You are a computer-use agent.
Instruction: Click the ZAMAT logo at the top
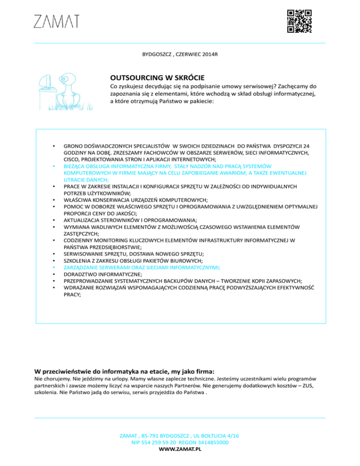coord(56,21)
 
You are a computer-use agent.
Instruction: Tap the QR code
coord(299,22)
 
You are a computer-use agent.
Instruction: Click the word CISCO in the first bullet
coord(72,159)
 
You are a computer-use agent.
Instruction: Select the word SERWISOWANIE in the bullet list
coord(84,253)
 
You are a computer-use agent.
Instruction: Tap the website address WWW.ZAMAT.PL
coord(180,449)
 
